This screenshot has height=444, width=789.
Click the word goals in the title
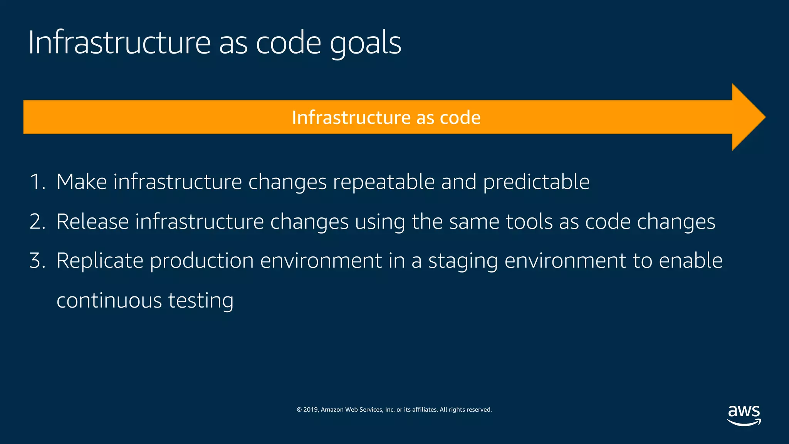point(365,43)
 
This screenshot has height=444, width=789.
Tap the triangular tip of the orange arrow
point(749,117)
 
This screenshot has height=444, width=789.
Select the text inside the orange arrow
point(386,118)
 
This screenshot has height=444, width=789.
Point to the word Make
point(81,182)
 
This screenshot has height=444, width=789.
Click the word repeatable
point(384,182)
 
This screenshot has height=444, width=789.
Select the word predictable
point(536,182)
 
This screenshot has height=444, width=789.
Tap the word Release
point(92,222)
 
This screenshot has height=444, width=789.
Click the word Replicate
point(100,261)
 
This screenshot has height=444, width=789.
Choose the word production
point(201,261)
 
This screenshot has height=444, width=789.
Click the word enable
point(690,261)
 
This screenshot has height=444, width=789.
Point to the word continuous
point(109,301)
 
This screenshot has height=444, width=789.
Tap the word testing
point(201,301)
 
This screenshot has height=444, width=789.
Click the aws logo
point(744,415)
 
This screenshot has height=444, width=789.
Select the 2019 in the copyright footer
point(311,410)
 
